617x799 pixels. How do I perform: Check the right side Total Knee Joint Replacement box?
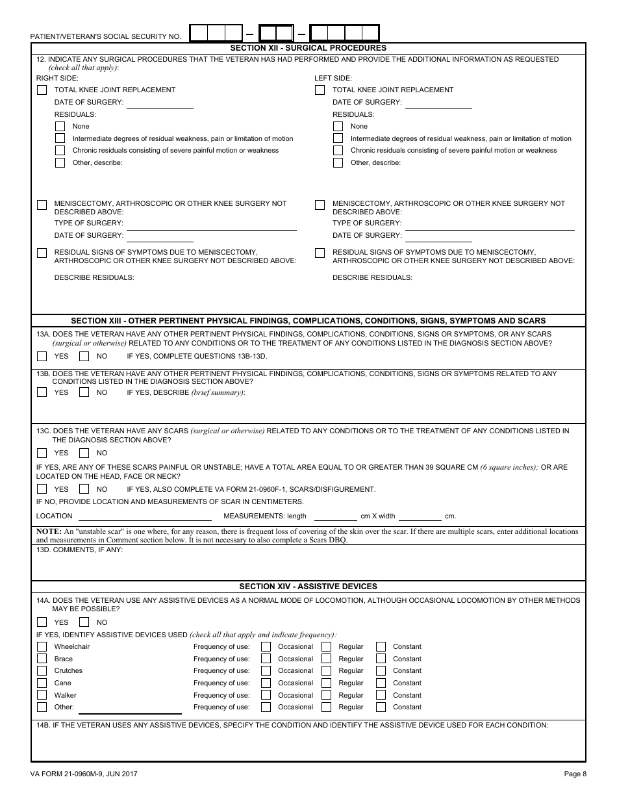[x=42, y=90]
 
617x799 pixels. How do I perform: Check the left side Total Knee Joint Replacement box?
[x=320, y=90]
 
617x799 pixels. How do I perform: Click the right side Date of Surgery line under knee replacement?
[x=160, y=104]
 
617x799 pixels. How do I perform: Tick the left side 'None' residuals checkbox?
[x=338, y=127]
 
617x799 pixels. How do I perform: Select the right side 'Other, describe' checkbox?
[x=60, y=163]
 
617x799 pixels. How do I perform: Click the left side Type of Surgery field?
[x=490, y=225]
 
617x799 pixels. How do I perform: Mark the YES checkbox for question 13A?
[x=42, y=356]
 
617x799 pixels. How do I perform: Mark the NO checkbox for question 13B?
[x=84, y=392]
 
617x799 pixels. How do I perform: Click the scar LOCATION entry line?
[x=145, y=516]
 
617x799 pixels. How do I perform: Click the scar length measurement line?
[x=335, y=516]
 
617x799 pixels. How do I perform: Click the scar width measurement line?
[x=420, y=516]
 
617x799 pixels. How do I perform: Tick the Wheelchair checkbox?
[x=42, y=647]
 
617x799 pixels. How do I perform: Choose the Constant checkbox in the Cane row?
[x=381, y=683]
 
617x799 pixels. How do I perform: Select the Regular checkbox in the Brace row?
[x=326, y=659]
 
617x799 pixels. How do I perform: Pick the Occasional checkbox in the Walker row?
[x=266, y=696]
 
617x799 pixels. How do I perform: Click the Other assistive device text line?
[x=130, y=709]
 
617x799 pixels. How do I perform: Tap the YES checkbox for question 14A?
[x=42, y=622]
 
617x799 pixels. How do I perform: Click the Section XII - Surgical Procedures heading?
[x=308, y=48]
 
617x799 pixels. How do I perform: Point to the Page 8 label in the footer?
[x=575, y=774]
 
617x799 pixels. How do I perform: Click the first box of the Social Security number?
[x=199, y=33]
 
